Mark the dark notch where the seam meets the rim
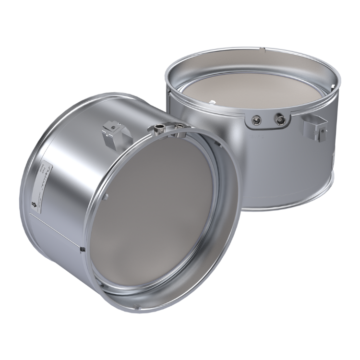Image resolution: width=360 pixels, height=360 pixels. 83,249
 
